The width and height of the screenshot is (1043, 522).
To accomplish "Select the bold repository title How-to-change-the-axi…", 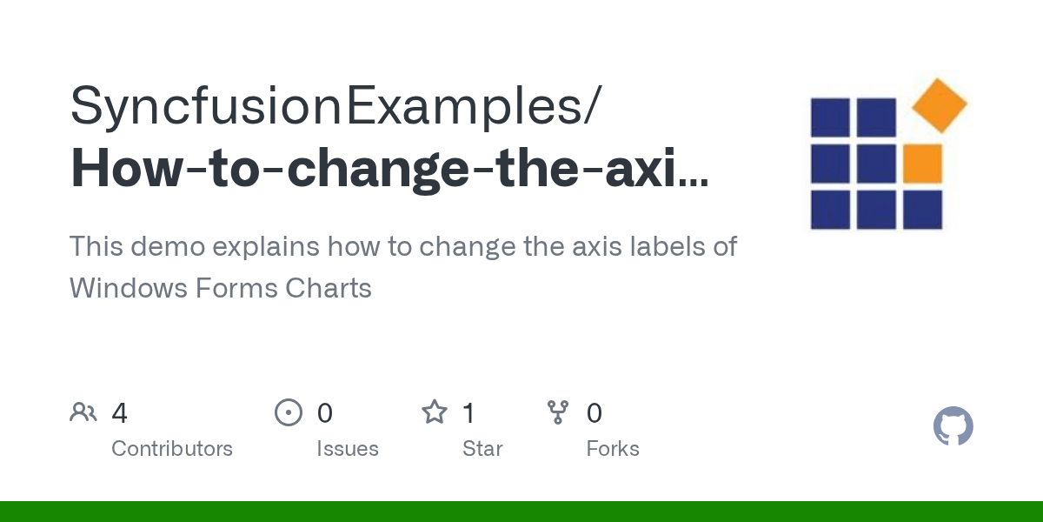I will pyautogui.click(x=389, y=169).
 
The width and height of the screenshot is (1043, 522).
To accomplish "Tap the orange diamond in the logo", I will pyautogui.click(x=939, y=105).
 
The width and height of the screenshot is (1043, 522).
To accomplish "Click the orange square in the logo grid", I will pyautogui.click(x=922, y=164).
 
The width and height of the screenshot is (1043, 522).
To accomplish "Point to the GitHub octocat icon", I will pyautogui.click(x=953, y=427).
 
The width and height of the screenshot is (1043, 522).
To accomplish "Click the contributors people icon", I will pyautogui.click(x=83, y=412).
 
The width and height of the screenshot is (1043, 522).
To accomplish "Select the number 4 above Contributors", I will pyautogui.click(x=120, y=413).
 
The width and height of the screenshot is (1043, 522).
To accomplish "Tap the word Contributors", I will pyautogui.click(x=172, y=449).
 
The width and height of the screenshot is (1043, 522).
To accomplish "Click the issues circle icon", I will pyautogui.click(x=289, y=412).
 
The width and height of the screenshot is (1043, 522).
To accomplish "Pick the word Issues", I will pyautogui.click(x=348, y=449).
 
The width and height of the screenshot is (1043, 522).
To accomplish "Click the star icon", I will pyautogui.click(x=434, y=412).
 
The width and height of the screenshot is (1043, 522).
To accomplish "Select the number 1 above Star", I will pyautogui.click(x=468, y=413).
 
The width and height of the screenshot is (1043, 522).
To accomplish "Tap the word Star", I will pyautogui.click(x=482, y=449).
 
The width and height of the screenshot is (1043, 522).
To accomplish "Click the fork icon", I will pyautogui.click(x=558, y=412).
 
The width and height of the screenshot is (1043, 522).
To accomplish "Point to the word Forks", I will pyautogui.click(x=613, y=449).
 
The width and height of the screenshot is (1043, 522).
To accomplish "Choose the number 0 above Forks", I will pyautogui.click(x=595, y=413).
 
